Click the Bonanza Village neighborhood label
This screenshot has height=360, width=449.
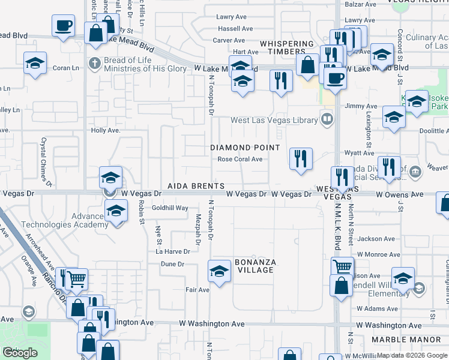coord(254,266)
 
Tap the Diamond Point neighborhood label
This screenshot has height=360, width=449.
coord(245,148)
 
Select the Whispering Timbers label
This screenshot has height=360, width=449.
coord(286,48)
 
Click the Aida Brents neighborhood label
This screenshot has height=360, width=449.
coord(196,187)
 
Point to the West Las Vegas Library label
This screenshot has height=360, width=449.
coord(274,120)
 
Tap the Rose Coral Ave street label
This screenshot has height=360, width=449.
coord(240,159)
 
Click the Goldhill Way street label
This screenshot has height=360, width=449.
coord(170,208)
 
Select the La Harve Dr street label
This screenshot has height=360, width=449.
coord(176,251)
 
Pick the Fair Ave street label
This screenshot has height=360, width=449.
coord(197,290)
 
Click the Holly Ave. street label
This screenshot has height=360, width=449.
coord(106,130)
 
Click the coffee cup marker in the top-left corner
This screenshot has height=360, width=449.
coord(63,26)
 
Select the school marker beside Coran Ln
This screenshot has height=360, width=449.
coord(35,62)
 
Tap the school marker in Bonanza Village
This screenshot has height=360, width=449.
coord(219,271)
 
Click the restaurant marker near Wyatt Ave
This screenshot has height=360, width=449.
coord(300,159)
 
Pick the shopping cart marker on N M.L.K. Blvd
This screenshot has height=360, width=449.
coord(342,266)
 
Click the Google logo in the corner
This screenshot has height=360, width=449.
coord(20,353)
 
